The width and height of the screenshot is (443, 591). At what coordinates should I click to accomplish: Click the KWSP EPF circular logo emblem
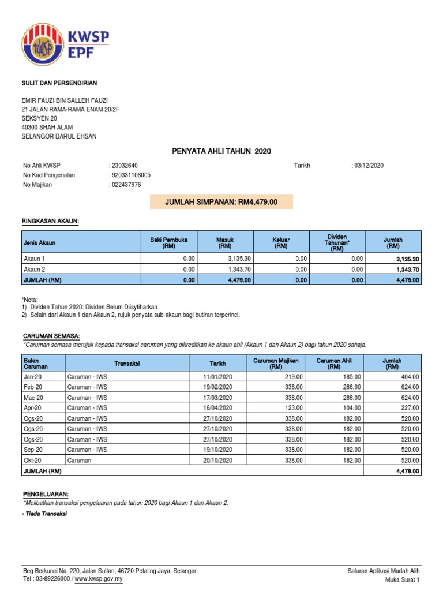point(44,46)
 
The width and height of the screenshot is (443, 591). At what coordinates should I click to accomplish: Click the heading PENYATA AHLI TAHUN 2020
point(221,151)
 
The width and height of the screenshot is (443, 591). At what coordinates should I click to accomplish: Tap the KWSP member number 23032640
point(125,166)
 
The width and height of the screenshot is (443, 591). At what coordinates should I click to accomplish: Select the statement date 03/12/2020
point(369,166)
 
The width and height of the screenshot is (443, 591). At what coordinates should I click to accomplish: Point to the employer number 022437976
point(126,185)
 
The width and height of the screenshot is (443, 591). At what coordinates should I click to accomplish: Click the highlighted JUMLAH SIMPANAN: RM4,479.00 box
point(221,202)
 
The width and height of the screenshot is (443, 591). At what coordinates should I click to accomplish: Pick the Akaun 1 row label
point(33,259)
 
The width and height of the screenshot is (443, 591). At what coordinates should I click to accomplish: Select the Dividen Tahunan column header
point(338,242)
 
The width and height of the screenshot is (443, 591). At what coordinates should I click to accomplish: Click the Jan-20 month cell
point(32,376)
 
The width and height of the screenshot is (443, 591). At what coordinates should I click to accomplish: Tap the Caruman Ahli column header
point(334,364)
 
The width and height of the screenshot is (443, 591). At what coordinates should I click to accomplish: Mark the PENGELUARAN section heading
point(46,495)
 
